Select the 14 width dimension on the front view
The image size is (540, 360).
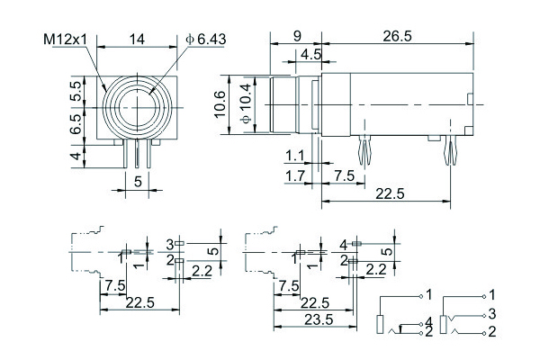(138, 40)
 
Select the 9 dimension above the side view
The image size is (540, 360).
(297, 37)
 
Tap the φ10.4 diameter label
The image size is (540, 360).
(247, 106)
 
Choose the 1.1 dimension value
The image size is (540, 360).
(295, 154)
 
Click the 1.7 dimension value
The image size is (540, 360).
(295, 174)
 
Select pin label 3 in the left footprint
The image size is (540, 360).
(169, 244)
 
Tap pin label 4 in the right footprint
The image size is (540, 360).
(343, 244)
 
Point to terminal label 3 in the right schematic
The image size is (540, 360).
(491, 313)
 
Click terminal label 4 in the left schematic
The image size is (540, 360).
(429, 321)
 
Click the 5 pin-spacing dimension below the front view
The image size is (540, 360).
(138, 181)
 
